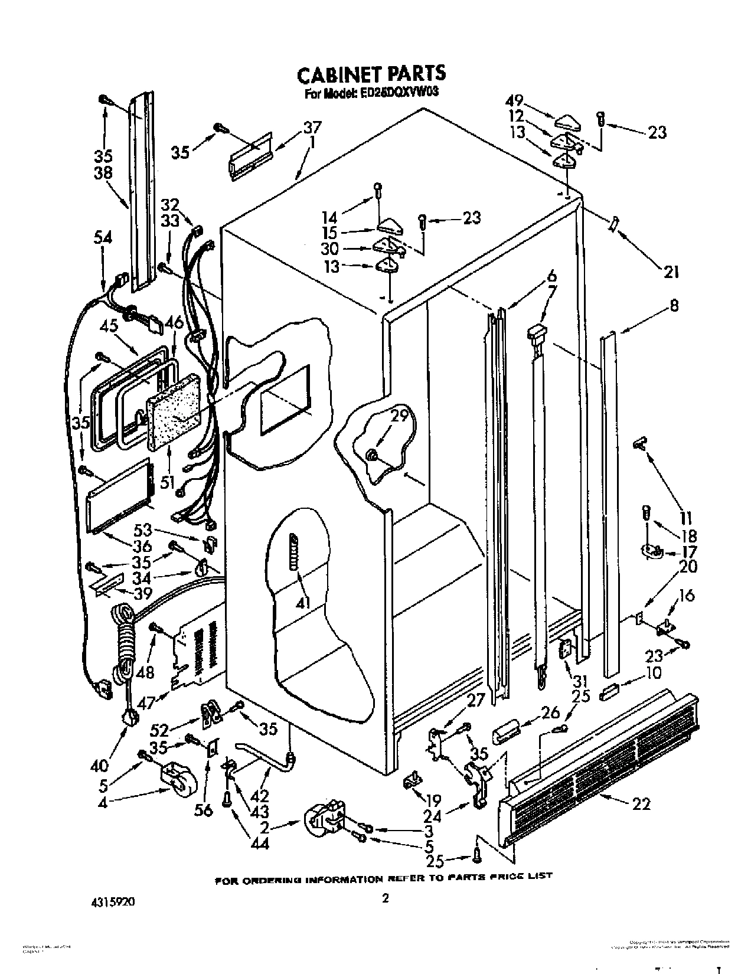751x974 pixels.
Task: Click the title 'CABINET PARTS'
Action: pos(371,74)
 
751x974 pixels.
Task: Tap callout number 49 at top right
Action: pos(517,101)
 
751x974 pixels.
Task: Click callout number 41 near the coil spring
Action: pos(306,603)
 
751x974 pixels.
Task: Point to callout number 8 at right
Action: pos(674,306)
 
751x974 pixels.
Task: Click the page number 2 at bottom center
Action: pos(385,899)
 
